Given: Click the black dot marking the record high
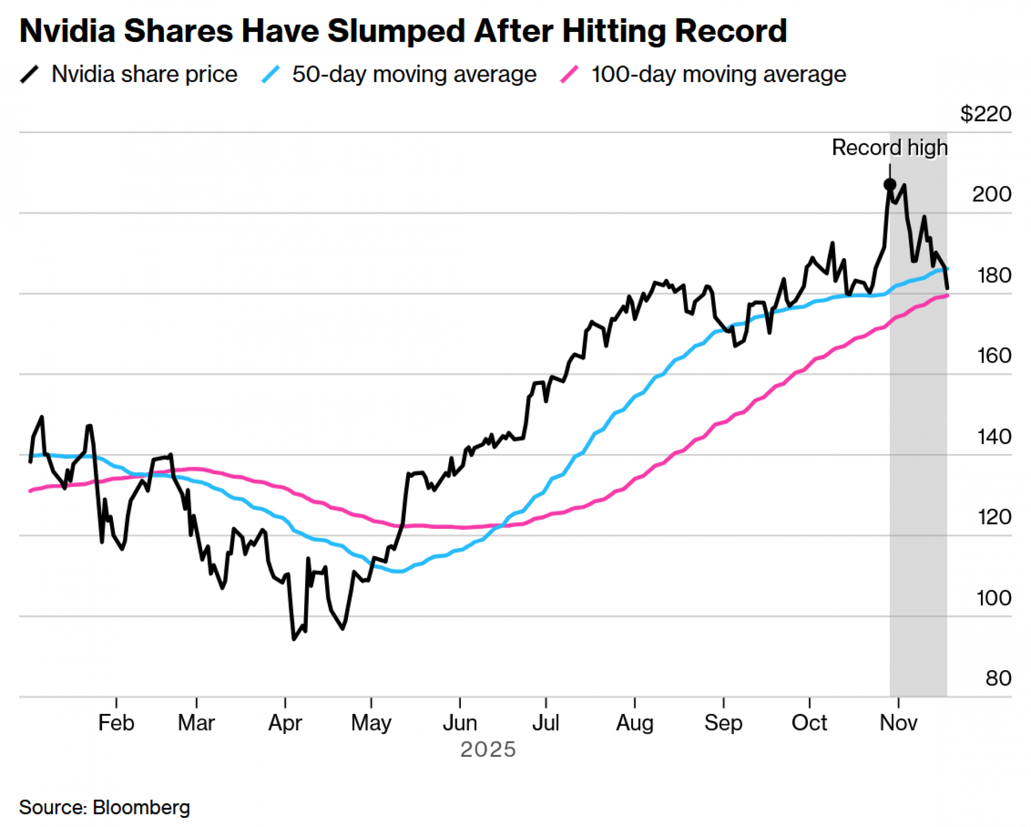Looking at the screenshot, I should coord(889,184).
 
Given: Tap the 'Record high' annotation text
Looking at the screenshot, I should coord(889,148).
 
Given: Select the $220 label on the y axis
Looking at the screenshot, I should coord(985,113).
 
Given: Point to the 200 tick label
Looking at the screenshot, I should coord(991,194).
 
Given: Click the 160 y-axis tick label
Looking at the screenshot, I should coord(994,355).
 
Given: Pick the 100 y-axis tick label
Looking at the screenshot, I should coord(993,598).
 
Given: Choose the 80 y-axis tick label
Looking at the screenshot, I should coord(998,678).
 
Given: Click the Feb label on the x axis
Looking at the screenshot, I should coord(116,723).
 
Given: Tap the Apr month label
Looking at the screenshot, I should coord(285,723).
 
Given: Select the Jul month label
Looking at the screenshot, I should coord(545,723).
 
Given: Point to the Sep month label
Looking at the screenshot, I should coord(723,723).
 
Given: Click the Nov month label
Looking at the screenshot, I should coord(898,723).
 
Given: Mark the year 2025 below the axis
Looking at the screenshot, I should coord(488,750).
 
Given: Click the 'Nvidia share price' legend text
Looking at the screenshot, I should coord(144,74).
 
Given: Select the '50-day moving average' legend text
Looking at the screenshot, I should coord(414,74).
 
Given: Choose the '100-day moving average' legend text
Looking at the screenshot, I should coord(718,74).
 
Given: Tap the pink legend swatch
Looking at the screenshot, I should coord(570,74).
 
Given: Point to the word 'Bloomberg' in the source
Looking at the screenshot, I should coord(141,807).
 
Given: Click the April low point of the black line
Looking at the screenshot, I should coord(294,639).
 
